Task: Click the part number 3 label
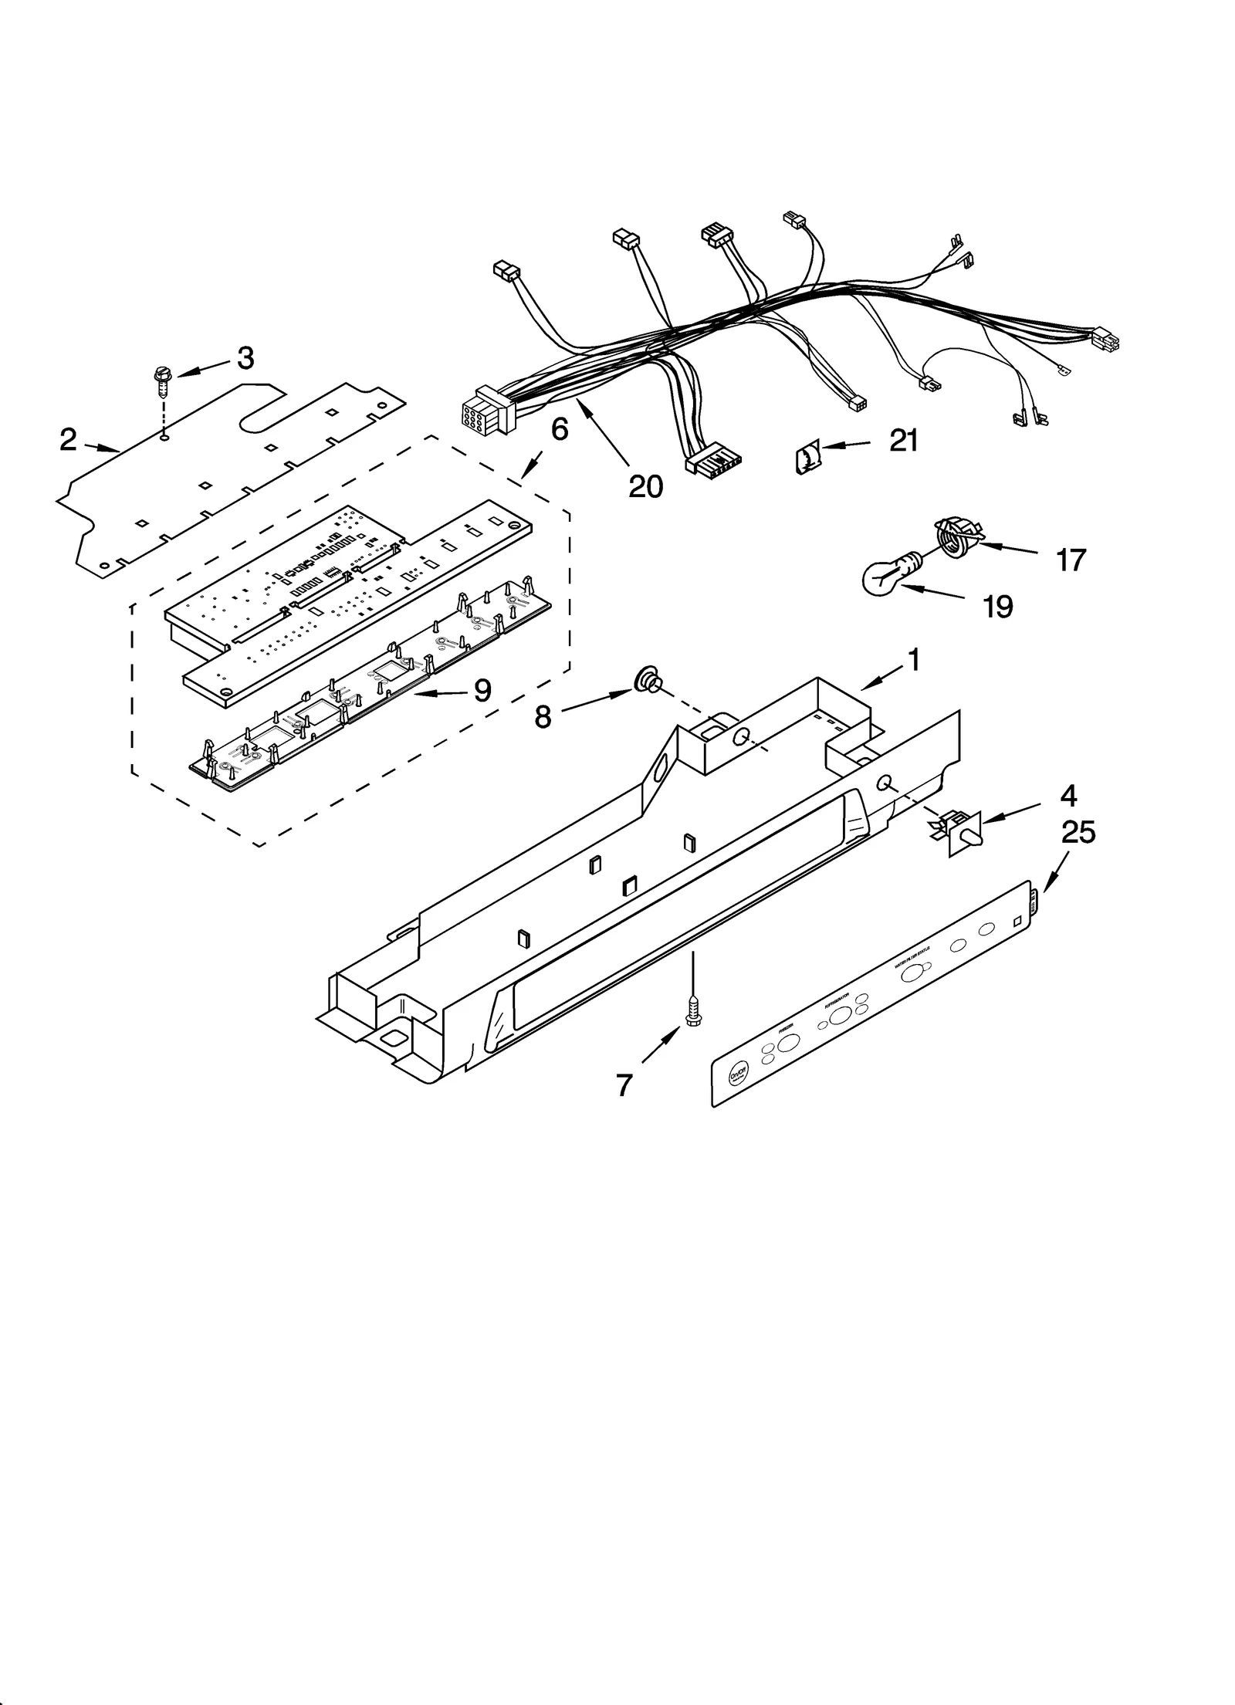click(245, 358)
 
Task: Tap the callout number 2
click(69, 440)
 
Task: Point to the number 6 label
click(559, 429)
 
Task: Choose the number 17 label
click(1071, 560)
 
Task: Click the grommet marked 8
click(645, 682)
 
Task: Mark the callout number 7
click(624, 1084)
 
